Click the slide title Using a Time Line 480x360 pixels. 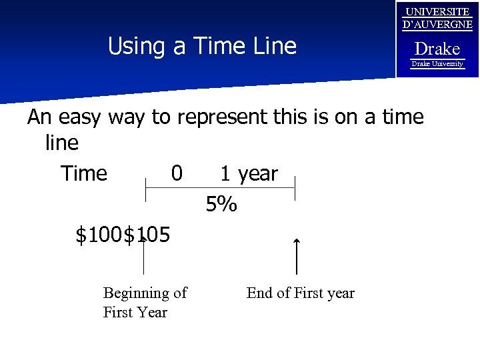pyautogui.click(x=201, y=47)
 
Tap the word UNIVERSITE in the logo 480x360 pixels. pyautogui.click(x=437, y=11)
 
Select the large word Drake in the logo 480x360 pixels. pyautogui.click(x=437, y=49)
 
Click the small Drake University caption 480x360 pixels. pyautogui.click(x=437, y=64)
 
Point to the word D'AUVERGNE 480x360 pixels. pyautogui.click(x=437, y=25)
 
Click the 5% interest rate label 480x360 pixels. pyautogui.click(x=221, y=205)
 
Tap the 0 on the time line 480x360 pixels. pyautogui.click(x=177, y=173)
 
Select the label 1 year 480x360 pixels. pyautogui.click(x=249, y=173)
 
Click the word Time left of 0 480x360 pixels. pyautogui.click(x=84, y=173)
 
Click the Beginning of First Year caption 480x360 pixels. pyautogui.click(x=145, y=302)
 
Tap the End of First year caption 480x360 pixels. pyautogui.click(x=300, y=293)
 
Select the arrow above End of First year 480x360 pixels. pyautogui.click(x=297, y=257)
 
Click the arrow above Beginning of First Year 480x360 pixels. pyautogui.click(x=143, y=257)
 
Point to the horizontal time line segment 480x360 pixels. pyautogui.click(x=220, y=187)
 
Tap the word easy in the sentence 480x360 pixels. pyautogui.click(x=80, y=117)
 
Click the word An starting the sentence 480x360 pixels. pyautogui.click(x=39, y=117)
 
